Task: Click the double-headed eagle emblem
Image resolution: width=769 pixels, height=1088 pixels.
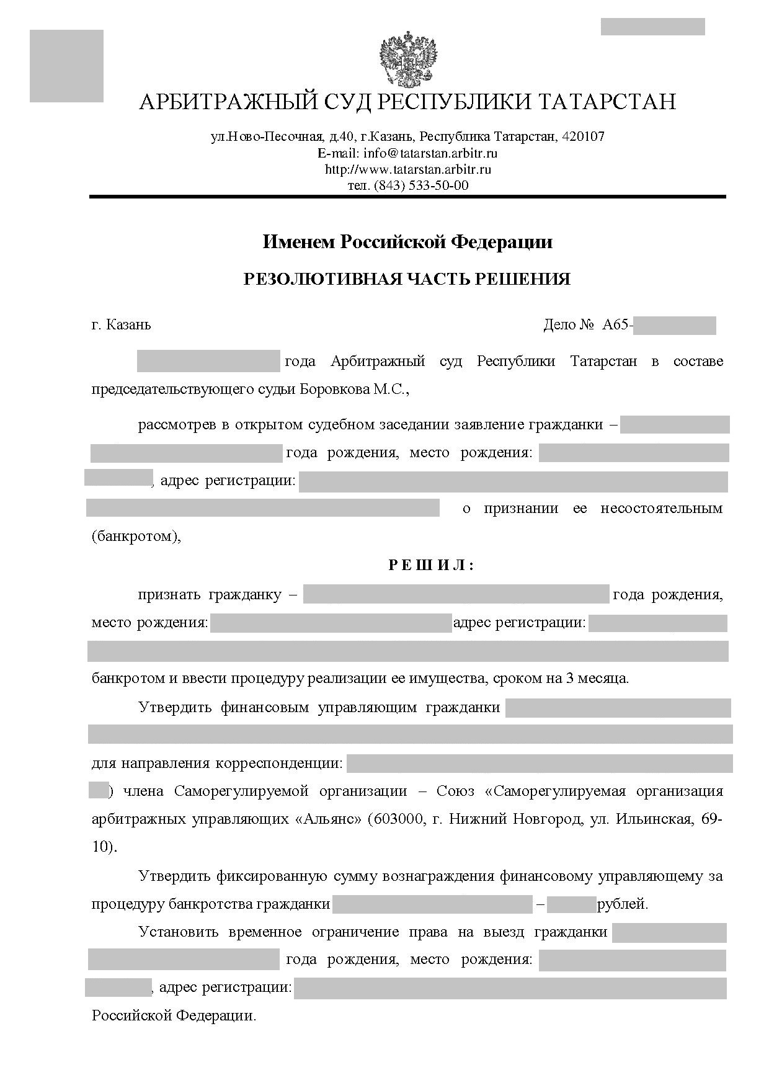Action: tap(408, 60)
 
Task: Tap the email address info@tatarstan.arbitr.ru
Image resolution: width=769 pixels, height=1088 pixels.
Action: tap(430, 153)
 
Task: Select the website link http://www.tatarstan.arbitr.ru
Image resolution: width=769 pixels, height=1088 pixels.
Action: tap(408, 169)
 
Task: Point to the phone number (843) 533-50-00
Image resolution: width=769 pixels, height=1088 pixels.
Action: tap(421, 185)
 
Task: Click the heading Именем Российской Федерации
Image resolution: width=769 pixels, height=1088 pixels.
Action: tap(407, 241)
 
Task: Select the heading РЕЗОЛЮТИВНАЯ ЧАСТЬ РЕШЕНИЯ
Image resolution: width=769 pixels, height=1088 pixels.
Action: tap(407, 279)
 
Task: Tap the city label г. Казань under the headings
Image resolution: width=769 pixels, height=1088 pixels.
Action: tap(121, 324)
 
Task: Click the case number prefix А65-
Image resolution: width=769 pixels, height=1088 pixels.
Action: tap(617, 324)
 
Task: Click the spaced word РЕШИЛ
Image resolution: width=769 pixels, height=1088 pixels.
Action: tap(431, 565)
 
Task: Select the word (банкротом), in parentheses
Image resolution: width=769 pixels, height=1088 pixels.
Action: tap(136, 536)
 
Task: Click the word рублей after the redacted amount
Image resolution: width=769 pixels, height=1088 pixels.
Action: tap(621, 904)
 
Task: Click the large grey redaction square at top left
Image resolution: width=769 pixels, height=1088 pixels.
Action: tap(66, 66)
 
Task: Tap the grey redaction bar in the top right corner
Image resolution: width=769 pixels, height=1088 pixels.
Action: tap(652, 27)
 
